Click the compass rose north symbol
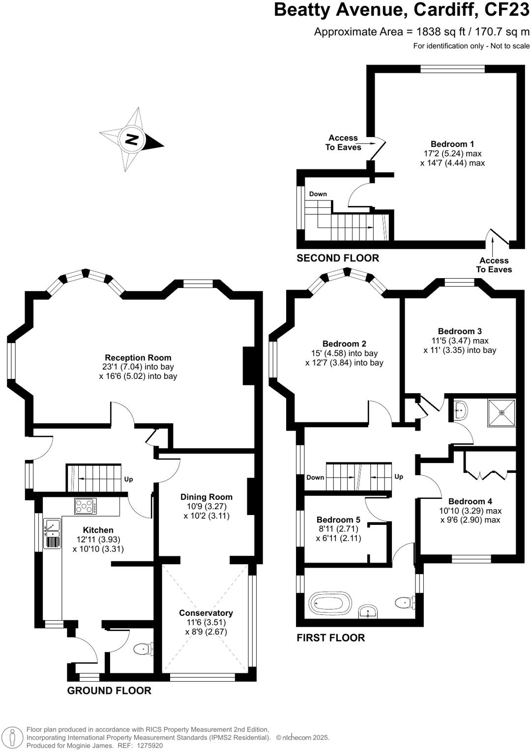click(131, 139)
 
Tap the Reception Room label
click(138, 358)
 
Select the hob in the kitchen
click(86, 506)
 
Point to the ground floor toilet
click(142, 649)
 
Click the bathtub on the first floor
click(330, 603)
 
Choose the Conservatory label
click(206, 613)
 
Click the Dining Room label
click(206, 497)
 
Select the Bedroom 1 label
click(452, 144)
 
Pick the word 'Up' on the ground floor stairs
click(129, 479)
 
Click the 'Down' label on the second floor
click(318, 194)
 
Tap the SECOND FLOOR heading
click(338, 258)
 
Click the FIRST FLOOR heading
click(330, 638)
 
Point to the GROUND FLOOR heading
click(109, 691)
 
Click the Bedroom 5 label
click(338, 520)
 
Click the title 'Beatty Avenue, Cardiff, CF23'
click(401, 10)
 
